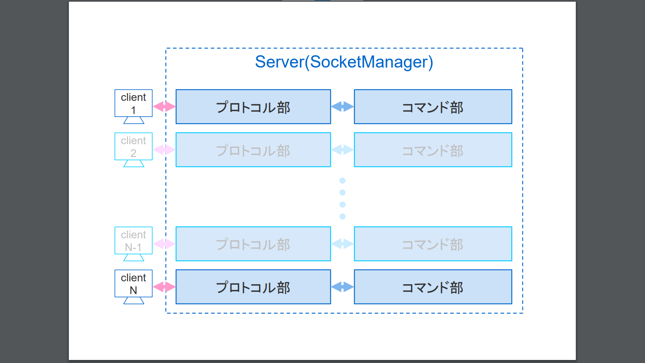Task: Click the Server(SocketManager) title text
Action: coord(344,62)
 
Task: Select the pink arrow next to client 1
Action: coord(164,107)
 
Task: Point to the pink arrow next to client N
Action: coord(164,287)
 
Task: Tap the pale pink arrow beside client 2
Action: coord(164,150)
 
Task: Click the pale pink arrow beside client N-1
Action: coord(164,244)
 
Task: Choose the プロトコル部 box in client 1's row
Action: coord(253,107)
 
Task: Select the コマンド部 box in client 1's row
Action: coord(433,107)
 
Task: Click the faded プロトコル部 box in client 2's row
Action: coord(253,150)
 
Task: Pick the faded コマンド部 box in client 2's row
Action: coord(433,150)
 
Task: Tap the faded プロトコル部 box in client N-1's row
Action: coord(253,244)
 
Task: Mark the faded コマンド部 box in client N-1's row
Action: coord(433,244)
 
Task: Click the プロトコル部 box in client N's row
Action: coord(253,287)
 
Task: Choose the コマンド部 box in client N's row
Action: coord(433,287)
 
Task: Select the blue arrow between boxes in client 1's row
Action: coord(342,107)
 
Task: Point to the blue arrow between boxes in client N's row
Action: coord(342,287)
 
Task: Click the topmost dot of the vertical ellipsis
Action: coord(342,180)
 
